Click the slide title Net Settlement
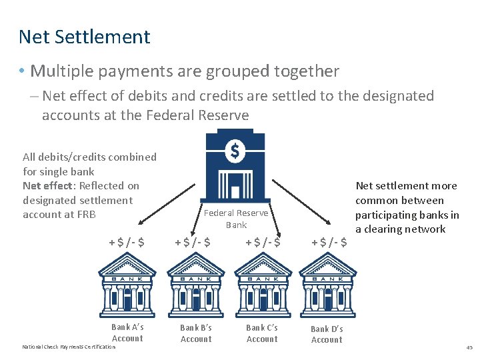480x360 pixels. point(85,37)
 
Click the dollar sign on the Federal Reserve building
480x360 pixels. point(235,151)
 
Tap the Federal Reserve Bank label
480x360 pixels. point(236,219)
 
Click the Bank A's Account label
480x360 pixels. point(127,333)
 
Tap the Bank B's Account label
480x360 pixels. point(196,333)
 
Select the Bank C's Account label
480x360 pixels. point(262,333)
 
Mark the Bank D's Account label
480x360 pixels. point(327,334)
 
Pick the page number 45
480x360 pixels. point(469,347)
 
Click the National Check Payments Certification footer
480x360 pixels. point(69,347)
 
